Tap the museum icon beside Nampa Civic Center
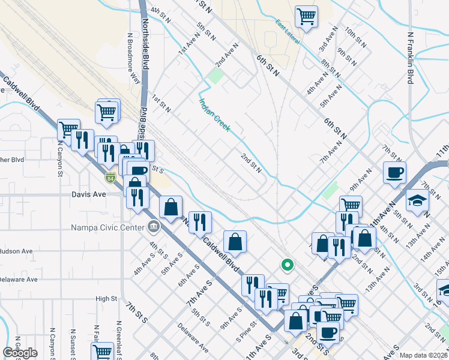point(154,227)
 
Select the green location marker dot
point(288,264)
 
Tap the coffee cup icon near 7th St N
point(394,173)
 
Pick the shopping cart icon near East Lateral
point(306,16)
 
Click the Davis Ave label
point(88,195)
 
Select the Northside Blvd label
point(145,42)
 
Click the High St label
point(106,298)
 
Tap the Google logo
point(20,353)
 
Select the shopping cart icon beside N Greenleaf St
point(103,352)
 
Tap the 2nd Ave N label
point(228,53)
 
